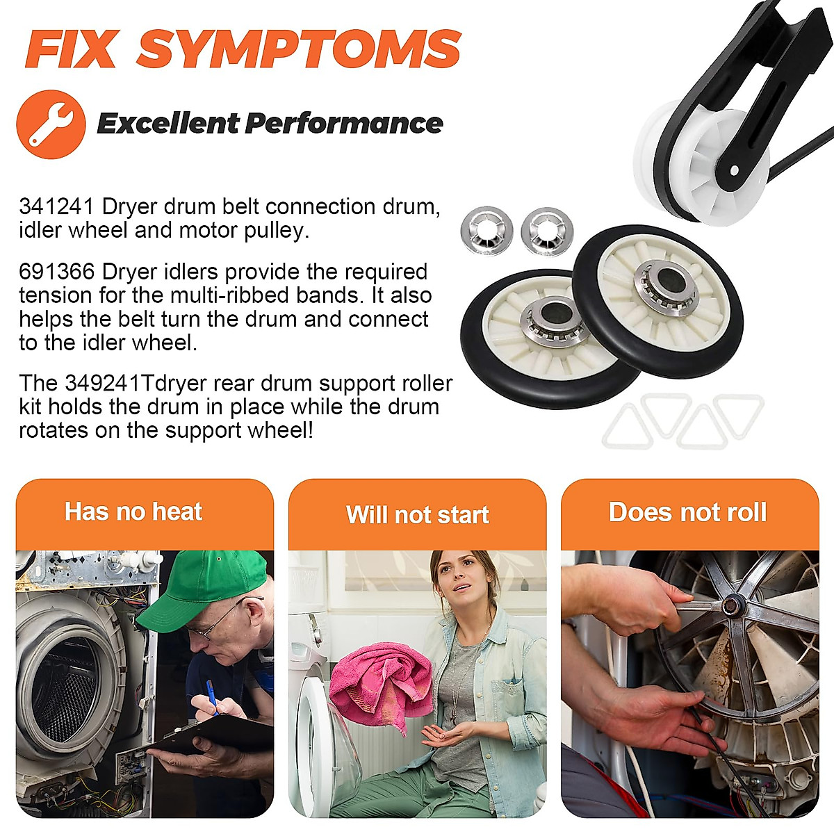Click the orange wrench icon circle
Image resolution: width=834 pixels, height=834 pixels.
51,124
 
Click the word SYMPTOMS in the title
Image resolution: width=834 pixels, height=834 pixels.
300,49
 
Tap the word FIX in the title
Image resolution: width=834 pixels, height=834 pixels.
70,49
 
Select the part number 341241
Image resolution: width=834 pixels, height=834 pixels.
58,206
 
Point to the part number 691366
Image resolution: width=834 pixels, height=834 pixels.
58,272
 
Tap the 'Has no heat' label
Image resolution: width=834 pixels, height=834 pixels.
133,512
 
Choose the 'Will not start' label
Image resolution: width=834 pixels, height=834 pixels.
417,515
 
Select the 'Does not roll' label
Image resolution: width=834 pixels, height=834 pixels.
687,512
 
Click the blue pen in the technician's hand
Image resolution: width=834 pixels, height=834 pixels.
211,696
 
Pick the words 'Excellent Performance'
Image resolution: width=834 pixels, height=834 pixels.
270,124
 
